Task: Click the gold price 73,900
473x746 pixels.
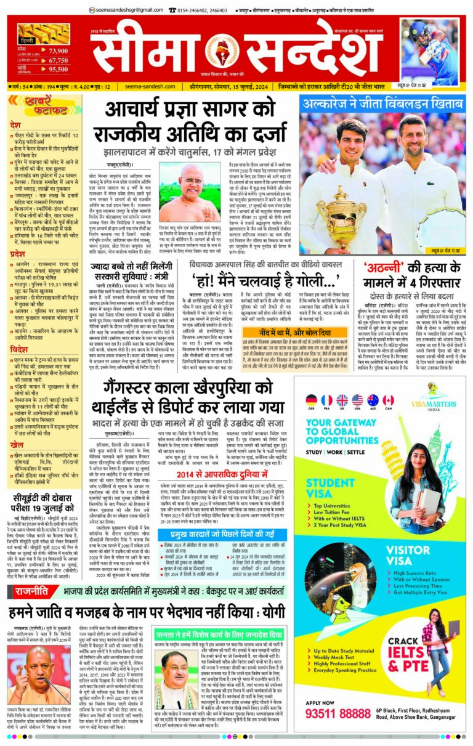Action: coord(57,51)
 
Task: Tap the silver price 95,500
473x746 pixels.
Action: coord(57,70)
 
